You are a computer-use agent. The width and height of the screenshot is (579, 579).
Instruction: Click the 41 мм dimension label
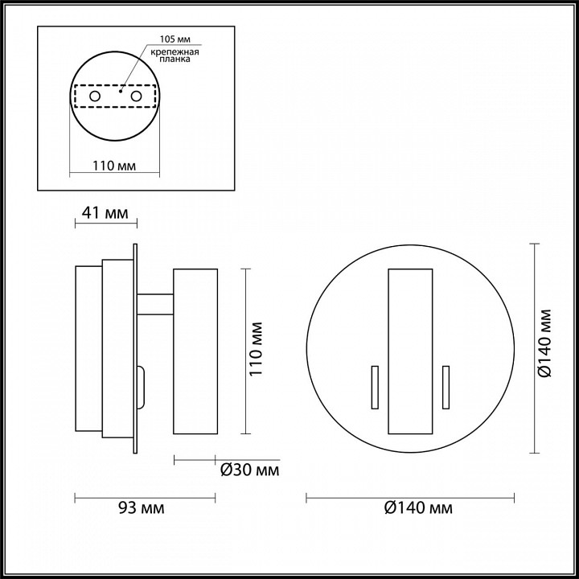pyautogui.click(x=105, y=213)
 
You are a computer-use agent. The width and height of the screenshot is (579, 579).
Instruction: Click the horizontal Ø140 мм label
pyautogui.click(x=418, y=508)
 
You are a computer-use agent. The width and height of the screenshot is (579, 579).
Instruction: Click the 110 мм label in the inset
pyautogui.click(x=113, y=166)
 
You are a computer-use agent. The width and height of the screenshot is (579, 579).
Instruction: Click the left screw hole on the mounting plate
pyautogui.click(x=95, y=96)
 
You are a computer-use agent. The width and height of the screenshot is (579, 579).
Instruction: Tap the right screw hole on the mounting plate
pyautogui.click(x=136, y=96)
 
